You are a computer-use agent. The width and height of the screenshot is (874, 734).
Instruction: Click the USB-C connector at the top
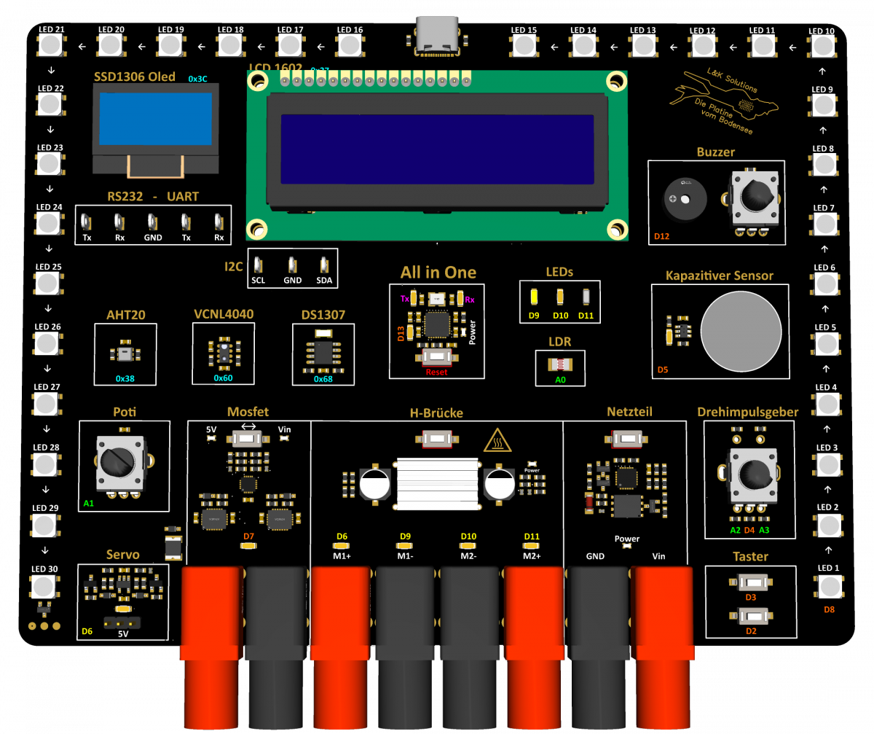[x=436, y=35]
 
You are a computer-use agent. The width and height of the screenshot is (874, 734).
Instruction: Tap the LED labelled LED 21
[x=50, y=45]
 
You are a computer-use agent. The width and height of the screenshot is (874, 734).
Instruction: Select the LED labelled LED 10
[x=822, y=47]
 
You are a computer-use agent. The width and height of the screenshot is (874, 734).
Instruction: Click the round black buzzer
[x=684, y=198]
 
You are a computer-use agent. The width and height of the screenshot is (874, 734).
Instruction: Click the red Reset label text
[x=437, y=372]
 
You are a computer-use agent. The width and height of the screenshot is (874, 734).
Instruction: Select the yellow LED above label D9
[x=534, y=297]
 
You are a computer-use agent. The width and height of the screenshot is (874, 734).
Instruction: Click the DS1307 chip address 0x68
[x=323, y=379]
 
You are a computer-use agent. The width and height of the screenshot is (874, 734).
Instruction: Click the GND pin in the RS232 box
[x=152, y=222]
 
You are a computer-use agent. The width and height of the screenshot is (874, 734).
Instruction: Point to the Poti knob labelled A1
[x=117, y=461]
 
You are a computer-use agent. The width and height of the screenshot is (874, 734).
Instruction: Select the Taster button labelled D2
[x=750, y=617]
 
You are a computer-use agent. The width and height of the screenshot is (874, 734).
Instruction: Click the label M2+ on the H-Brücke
[x=531, y=555]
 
